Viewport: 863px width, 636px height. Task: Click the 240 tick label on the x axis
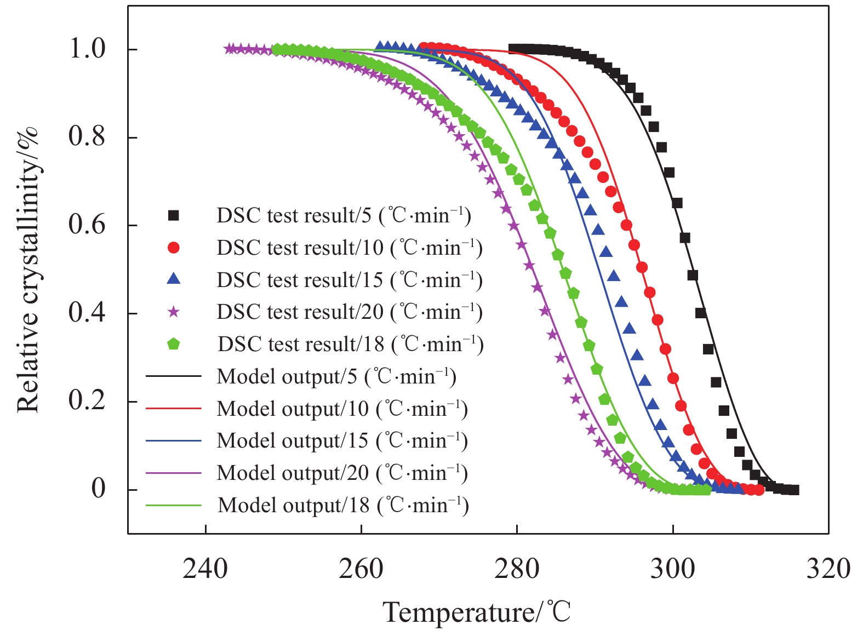(x=205, y=569)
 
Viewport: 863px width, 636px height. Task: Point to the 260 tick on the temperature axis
(x=361, y=569)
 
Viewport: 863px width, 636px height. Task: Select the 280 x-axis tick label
(x=517, y=569)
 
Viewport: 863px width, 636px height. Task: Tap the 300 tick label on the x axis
(x=672, y=569)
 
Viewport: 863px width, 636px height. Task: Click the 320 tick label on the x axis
(x=828, y=569)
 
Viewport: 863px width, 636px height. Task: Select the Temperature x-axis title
(x=477, y=612)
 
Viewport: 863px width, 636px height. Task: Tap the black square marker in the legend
(x=174, y=216)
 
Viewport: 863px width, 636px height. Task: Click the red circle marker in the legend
(x=174, y=248)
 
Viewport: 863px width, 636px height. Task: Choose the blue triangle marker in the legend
(x=174, y=279)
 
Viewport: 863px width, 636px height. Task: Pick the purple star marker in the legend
(x=174, y=312)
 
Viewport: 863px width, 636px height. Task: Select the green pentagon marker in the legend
(x=174, y=344)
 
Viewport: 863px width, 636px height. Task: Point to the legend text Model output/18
(x=343, y=505)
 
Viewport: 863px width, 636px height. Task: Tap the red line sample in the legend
(x=174, y=409)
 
